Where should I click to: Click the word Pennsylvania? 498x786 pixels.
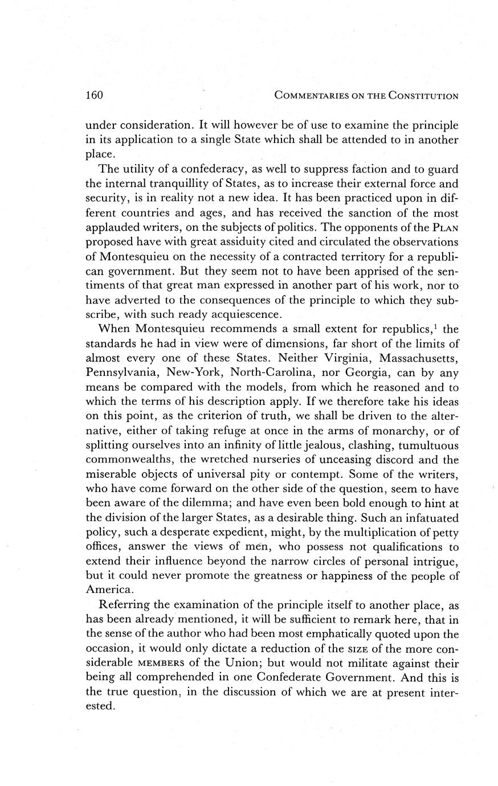pyautogui.click(x=120, y=373)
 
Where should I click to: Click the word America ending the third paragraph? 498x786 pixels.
pyautogui.click(x=107, y=589)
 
